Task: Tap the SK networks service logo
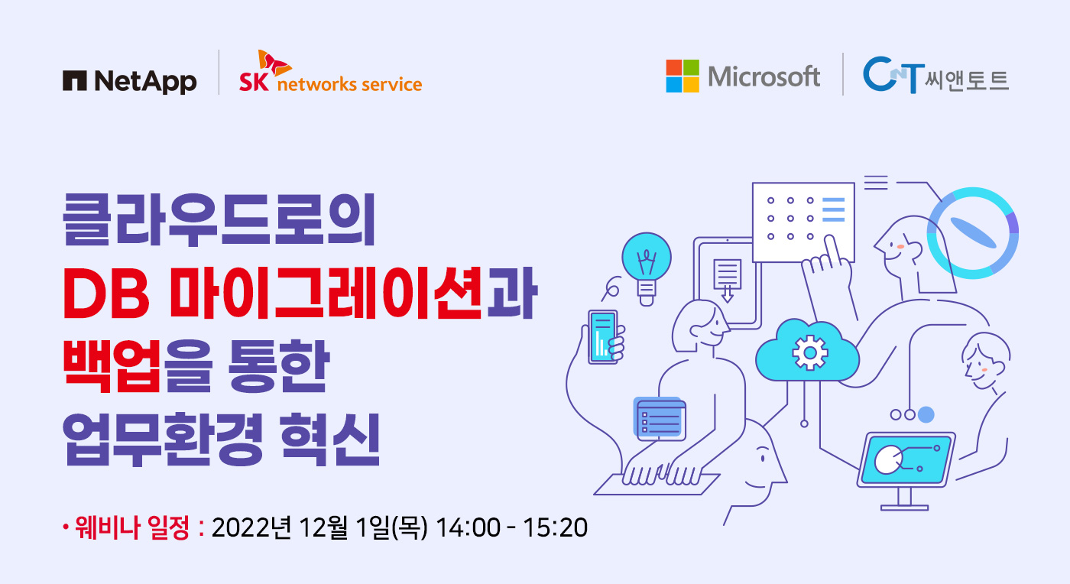330,72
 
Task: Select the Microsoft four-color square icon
682,76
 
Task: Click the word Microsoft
764,76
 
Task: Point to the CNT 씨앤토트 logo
935,76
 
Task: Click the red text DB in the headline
106,294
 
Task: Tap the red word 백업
112,367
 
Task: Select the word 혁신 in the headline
330,440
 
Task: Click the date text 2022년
251,527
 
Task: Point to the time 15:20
555,527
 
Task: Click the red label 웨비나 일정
132,527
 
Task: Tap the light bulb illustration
647,268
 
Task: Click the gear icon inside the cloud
809,352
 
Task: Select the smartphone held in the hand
602,337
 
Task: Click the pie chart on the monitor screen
888,459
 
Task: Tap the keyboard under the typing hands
657,484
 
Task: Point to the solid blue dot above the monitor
926,414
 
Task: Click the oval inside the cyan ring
973,232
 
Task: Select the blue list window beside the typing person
660,418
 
